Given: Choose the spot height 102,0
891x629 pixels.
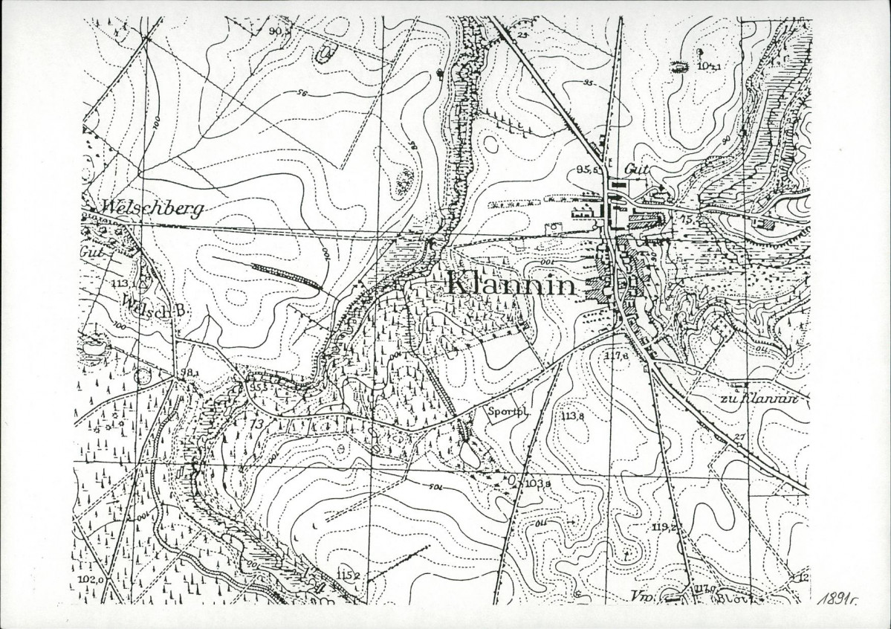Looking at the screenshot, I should (89, 578).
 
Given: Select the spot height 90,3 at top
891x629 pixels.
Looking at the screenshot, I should (279, 31).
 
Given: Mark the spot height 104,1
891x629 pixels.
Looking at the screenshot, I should (710, 66).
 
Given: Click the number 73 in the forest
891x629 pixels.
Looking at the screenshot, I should (258, 423).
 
